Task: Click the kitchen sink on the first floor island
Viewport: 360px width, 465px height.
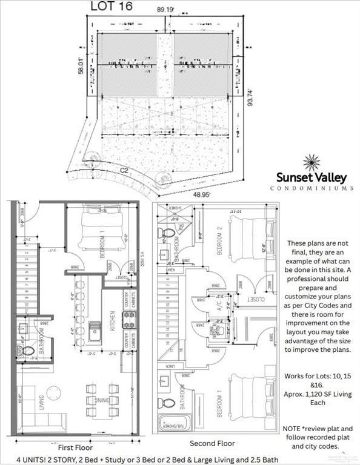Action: coord(95,331)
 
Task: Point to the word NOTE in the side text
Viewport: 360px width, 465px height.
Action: coord(294,428)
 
